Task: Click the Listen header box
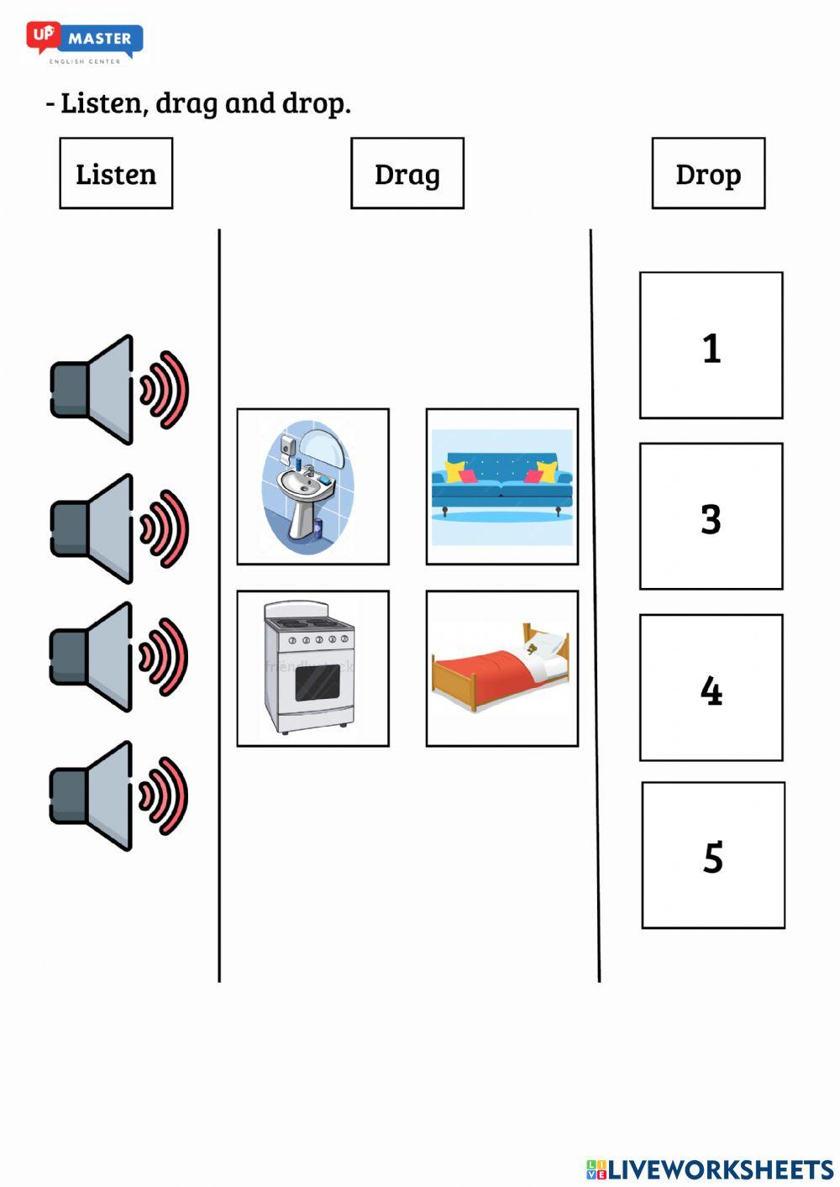pyautogui.click(x=116, y=173)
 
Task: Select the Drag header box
pyautogui.click(x=407, y=173)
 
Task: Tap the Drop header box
pyautogui.click(x=708, y=173)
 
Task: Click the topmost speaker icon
pyautogui.click(x=118, y=390)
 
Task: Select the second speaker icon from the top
pyautogui.click(x=118, y=528)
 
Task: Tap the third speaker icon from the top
pyautogui.click(x=118, y=657)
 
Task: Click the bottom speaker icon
pyautogui.click(x=118, y=796)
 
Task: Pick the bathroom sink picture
pyautogui.click(x=312, y=486)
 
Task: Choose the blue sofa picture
pyautogui.click(x=501, y=486)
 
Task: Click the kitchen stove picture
pyautogui.click(x=312, y=668)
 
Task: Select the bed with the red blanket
pyautogui.click(x=501, y=668)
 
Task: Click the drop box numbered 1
pyautogui.click(x=711, y=345)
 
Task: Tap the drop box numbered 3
pyautogui.click(x=711, y=516)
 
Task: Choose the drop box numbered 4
pyautogui.click(x=711, y=687)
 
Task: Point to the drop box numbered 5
pyautogui.click(x=713, y=855)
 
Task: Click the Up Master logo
pyautogui.click(x=85, y=41)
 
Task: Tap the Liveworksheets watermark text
pyautogui.click(x=710, y=1169)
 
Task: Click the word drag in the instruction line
pyautogui.click(x=186, y=103)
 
